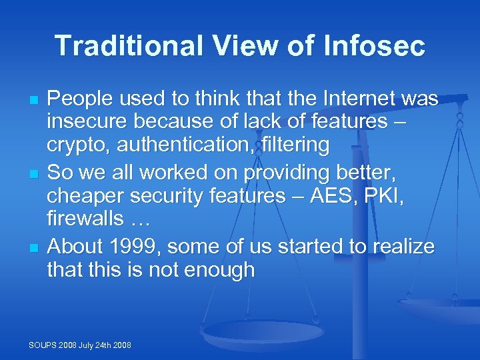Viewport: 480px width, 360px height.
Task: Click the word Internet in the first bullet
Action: [x=360, y=99]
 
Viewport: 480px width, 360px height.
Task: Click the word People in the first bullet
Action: [x=80, y=99]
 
